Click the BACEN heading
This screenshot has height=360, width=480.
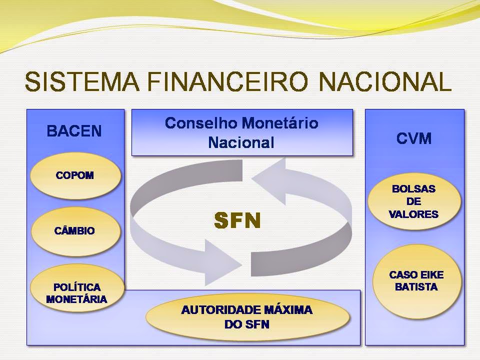[74, 131]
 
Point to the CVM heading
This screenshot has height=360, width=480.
[414, 138]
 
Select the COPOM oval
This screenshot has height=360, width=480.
[75, 176]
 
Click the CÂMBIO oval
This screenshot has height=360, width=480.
[75, 231]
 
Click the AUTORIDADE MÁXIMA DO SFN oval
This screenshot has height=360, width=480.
[247, 317]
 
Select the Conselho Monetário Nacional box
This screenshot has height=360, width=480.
[242, 132]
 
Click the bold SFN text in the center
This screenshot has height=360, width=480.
[237, 220]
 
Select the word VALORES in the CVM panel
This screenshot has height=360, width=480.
[413, 214]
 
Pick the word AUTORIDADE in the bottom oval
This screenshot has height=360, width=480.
[214, 310]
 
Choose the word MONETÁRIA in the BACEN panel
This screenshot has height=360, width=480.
[76, 299]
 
